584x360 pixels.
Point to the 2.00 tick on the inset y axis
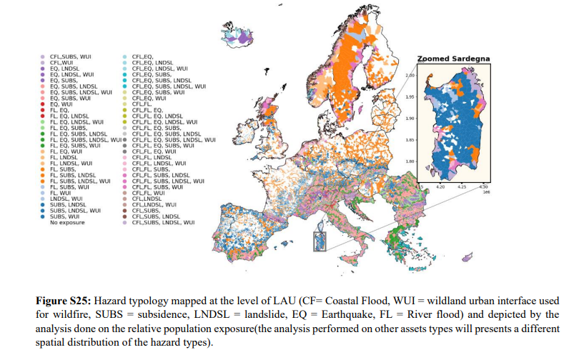410,75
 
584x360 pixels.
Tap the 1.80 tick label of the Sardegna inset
410,161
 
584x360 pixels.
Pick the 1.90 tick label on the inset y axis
410,119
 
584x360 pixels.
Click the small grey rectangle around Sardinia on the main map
320,240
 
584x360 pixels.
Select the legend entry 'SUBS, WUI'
66,216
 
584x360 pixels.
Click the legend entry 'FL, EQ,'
61,109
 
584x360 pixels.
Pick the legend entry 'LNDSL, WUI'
67,199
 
